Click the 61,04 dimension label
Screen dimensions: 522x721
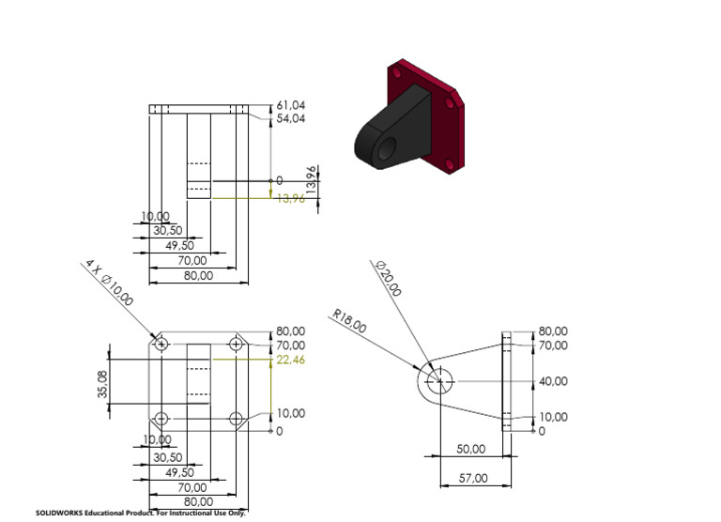(291, 105)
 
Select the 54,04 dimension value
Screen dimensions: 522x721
(291, 118)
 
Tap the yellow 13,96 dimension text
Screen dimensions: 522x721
(291, 198)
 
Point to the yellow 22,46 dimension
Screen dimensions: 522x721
(291, 360)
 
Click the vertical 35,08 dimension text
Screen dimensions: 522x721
(102, 383)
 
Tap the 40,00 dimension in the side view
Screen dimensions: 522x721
(553, 381)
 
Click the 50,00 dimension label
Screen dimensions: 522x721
(470, 449)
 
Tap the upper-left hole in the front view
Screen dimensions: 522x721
(162, 345)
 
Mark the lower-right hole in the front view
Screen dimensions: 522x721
(235, 418)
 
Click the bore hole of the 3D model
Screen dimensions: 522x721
(386, 146)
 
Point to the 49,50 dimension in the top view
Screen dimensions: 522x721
(180, 245)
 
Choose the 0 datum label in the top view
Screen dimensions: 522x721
(278, 180)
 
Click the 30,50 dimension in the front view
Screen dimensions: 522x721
(167, 457)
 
